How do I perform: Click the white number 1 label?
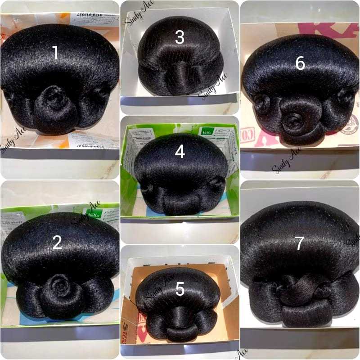[55, 53]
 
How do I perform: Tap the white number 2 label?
[57, 243]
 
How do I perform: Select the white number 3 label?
[180, 37]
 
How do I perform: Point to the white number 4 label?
[180, 152]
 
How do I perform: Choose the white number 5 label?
[180, 290]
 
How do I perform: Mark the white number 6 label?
[300, 64]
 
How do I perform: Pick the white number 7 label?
[300, 243]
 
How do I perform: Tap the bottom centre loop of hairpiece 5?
[180, 333]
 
